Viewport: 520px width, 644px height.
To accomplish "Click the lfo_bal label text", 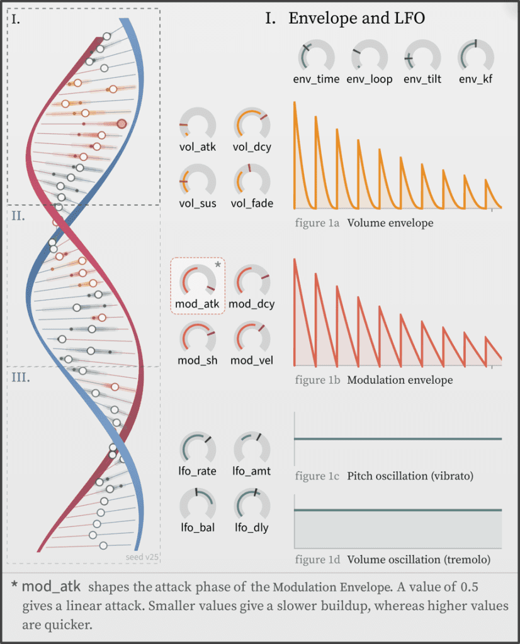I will coord(198,528).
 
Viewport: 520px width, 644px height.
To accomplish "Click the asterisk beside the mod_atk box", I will coord(218,265).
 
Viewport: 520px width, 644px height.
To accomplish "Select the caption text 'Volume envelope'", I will coord(390,223).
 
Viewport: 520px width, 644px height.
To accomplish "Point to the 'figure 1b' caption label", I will coord(318,380).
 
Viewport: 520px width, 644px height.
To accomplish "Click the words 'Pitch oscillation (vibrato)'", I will coord(419,476).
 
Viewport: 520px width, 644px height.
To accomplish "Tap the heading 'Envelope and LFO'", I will coord(356,18).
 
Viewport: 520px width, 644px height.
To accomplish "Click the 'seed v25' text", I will coord(138,557).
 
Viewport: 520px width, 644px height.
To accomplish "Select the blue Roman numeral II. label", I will coord(19,216).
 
